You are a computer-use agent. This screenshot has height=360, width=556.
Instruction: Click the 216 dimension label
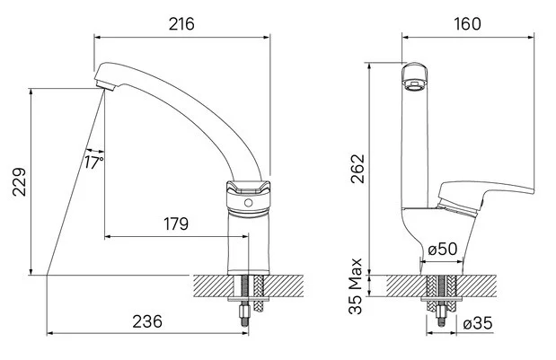[x=181, y=24]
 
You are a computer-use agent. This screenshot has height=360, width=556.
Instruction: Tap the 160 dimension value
[x=468, y=23]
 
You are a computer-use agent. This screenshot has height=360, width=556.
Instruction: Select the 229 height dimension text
[x=19, y=181]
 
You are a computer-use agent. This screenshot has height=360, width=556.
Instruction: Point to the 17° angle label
[x=94, y=162]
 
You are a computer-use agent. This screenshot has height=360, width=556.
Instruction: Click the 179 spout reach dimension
[x=176, y=224]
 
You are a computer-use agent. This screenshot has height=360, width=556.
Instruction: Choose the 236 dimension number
[x=147, y=321]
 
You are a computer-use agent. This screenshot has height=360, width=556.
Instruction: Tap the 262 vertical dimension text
[x=357, y=168]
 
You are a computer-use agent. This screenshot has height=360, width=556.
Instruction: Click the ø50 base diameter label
[x=443, y=249]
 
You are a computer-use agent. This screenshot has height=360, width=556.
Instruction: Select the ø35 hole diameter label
[x=478, y=323]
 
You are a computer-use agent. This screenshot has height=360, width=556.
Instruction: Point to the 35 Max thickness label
[x=356, y=286]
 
